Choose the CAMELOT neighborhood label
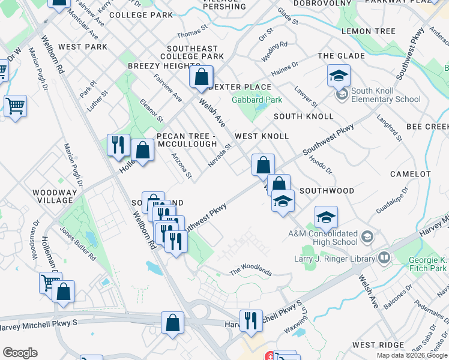click(410, 174)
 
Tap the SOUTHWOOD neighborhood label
click(327, 191)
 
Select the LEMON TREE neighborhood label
click(368, 31)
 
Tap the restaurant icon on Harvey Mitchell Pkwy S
click(249, 320)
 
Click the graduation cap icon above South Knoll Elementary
click(339, 76)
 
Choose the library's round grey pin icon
click(384, 259)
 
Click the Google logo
click(20, 353)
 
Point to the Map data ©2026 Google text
click(412, 355)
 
